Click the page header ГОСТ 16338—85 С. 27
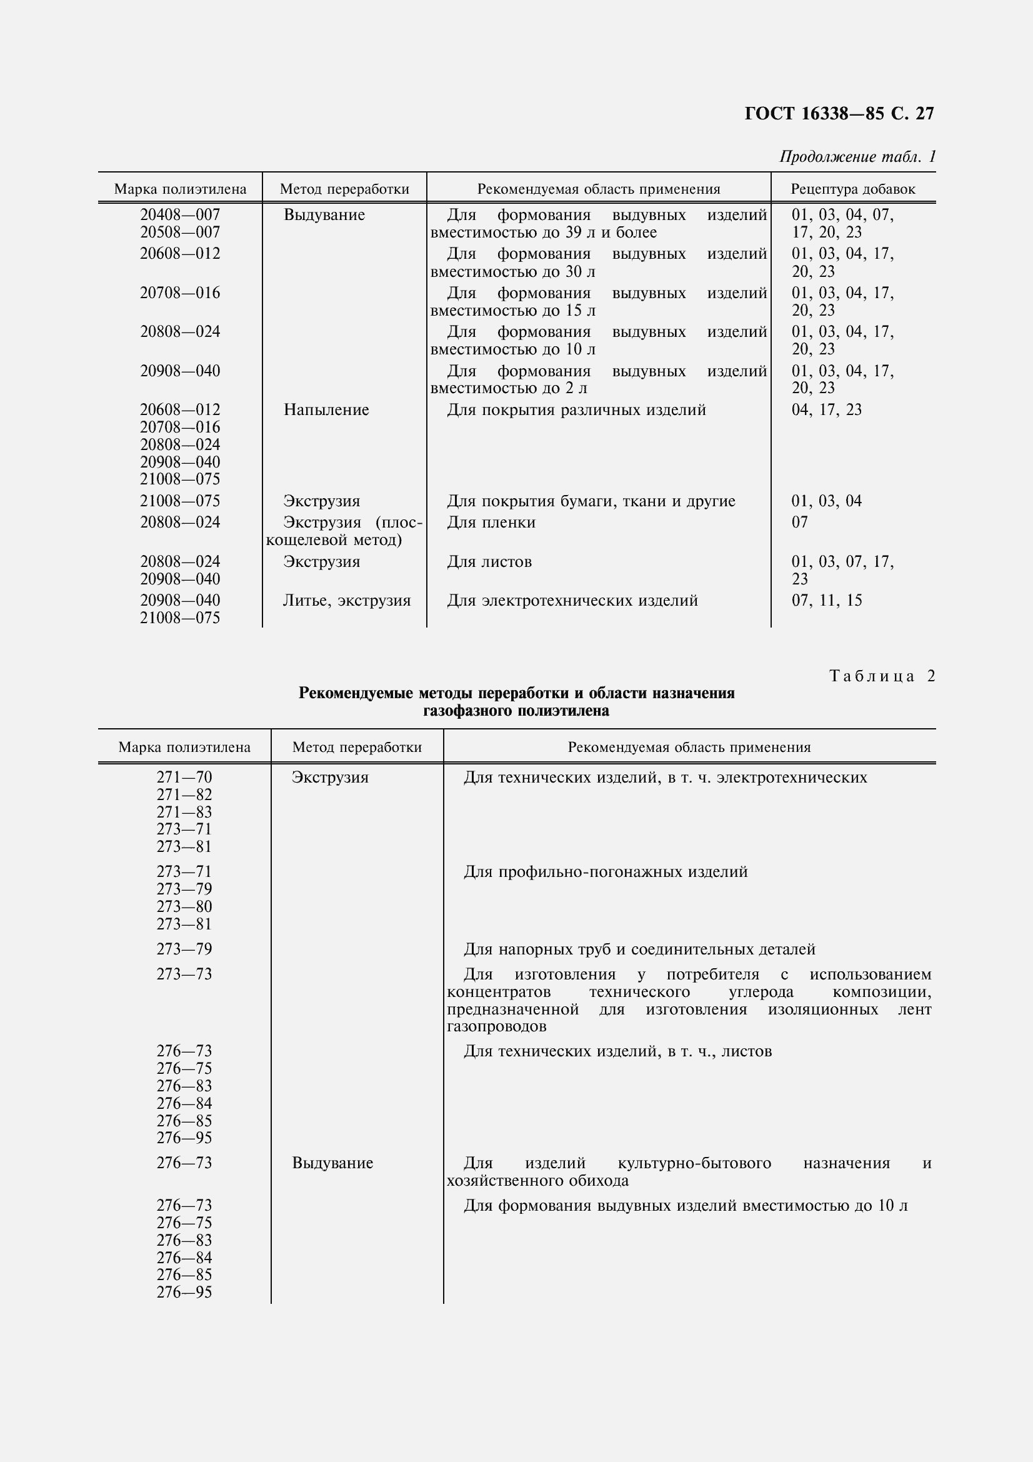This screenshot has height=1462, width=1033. (x=839, y=113)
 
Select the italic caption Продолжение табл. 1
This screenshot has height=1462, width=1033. (x=857, y=157)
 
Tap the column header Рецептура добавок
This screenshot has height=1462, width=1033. (x=853, y=189)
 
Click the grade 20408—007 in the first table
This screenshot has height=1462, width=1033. (x=180, y=215)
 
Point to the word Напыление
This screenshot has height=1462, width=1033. (x=326, y=410)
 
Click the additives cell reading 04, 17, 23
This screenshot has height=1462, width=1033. (x=826, y=410)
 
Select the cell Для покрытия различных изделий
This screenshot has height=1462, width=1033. (x=576, y=410)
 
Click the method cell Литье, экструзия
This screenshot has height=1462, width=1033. (x=346, y=601)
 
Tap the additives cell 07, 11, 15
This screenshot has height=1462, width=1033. (x=826, y=601)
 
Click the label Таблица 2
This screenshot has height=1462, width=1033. (x=882, y=676)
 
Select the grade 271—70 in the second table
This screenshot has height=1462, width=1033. (x=184, y=778)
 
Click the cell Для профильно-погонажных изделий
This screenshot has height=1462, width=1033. (x=606, y=872)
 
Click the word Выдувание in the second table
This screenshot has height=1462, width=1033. (x=332, y=1163)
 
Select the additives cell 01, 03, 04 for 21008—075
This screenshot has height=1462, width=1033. (x=826, y=501)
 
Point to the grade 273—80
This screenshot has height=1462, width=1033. (x=184, y=906)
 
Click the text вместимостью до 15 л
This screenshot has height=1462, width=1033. (x=513, y=311)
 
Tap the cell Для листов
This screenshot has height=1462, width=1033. (x=489, y=562)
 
